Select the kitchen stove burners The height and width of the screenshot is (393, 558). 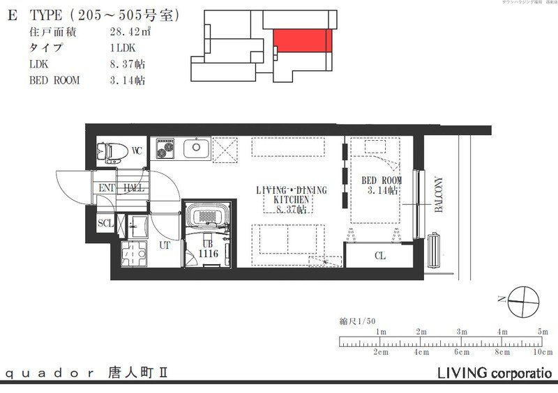click(166, 148)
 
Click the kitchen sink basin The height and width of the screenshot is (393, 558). click(196, 148)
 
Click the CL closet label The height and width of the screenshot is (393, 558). click(380, 256)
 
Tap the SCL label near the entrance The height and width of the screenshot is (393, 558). click(105, 223)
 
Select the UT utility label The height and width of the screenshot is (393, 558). click(165, 245)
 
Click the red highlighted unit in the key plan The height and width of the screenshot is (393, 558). click(302, 40)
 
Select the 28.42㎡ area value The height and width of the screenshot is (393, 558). click(128, 32)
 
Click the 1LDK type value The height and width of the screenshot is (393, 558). click(123, 48)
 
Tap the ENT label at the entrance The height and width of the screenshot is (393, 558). click(107, 188)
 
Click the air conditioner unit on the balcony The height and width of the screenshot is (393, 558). click(436, 249)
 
